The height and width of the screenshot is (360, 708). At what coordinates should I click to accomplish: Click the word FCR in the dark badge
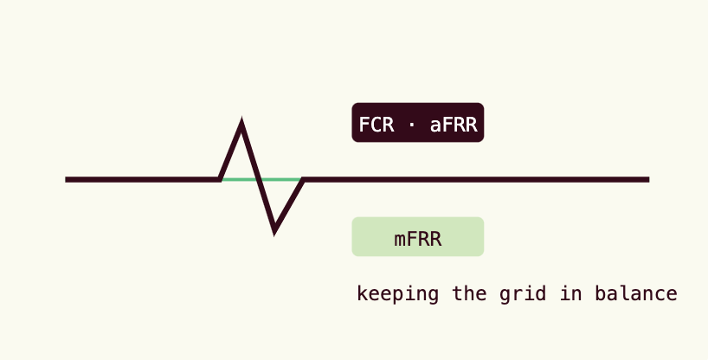click(x=377, y=125)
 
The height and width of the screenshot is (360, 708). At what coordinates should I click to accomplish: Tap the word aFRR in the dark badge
click(x=454, y=125)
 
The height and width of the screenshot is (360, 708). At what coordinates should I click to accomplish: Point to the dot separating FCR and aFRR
click(x=411, y=125)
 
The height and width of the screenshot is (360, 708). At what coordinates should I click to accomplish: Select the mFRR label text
click(x=418, y=239)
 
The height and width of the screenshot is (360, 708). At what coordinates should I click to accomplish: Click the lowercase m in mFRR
click(x=400, y=241)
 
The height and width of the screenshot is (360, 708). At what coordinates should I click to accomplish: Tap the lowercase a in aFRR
click(x=435, y=126)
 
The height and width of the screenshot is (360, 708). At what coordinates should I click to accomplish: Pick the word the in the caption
click(x=469, y=293)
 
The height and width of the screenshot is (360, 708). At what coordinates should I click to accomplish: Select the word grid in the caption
click(x=523, y=294)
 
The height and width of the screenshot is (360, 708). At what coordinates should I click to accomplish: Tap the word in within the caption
click(x=570, y=293)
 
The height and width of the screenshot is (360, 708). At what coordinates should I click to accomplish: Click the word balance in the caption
click(x=636, y=293)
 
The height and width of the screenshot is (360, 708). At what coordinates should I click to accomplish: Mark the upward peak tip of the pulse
click(x=241, y=119)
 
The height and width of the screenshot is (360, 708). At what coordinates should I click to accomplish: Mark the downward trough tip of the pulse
click(x=274, y=233)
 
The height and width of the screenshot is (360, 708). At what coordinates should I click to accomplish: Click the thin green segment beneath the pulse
click(x=261, y=179)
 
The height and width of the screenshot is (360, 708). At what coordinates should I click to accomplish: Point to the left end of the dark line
click(x=66, y=179)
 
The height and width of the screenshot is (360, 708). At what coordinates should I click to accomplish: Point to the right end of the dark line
click(x=649, y=179)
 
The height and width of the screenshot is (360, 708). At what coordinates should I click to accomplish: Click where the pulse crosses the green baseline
click(x=260, y=179)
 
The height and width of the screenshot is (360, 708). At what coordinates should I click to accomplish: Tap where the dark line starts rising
click(x=220, y=179)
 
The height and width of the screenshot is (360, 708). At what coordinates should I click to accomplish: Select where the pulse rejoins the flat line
click(x=304, y=179)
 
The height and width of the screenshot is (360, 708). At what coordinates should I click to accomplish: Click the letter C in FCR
click(x=377, y=125)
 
